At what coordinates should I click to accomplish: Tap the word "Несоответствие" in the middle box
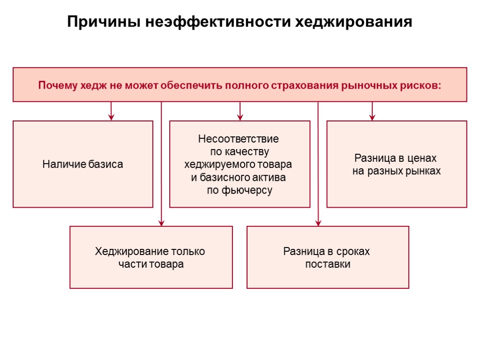coord(239,139)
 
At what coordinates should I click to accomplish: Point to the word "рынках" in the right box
coord(424,171)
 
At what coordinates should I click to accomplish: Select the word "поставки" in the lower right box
coord(328,264)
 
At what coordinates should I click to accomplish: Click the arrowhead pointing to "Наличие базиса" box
coord(111,117)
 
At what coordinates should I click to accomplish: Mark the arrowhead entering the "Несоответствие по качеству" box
coord(240,117)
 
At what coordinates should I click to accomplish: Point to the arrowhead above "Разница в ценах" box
coord(372,117)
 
